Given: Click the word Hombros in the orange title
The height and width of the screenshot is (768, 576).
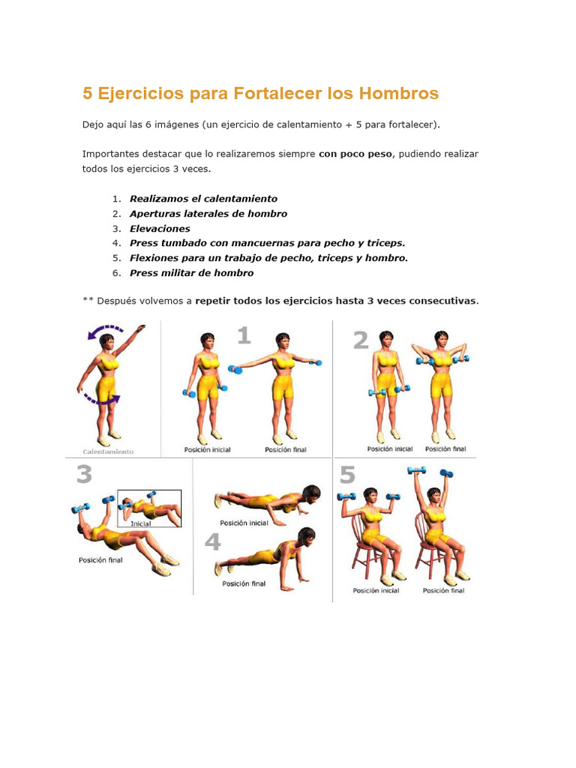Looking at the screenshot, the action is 399,93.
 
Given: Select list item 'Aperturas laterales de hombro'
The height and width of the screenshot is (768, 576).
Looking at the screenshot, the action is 208,214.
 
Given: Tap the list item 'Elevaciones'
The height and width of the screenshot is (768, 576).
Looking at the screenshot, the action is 160,229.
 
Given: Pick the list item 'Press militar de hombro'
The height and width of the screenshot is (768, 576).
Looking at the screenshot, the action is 191,273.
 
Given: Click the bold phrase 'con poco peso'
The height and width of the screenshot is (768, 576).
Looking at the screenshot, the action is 355,154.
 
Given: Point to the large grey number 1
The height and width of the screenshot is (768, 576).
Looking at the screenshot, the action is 244,336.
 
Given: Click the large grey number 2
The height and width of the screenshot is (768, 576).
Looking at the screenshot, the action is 361,340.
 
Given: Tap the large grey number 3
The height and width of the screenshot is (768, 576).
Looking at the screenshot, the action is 84,474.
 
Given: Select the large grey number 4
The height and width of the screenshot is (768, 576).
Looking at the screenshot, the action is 212,541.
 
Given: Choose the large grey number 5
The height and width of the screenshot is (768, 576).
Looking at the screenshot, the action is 347,475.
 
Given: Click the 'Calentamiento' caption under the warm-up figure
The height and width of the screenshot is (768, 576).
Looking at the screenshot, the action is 108,451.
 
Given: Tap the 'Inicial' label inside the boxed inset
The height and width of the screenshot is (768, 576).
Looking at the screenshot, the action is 140,523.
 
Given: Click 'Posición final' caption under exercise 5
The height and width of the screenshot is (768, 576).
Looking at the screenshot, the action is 444,591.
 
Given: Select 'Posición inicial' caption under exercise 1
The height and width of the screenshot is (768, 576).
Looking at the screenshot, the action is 207,450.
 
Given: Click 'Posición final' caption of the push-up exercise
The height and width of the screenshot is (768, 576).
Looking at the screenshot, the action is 244,583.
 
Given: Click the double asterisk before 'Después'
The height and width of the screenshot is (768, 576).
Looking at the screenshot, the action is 88,299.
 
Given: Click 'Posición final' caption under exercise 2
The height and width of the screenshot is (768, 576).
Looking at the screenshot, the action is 445,448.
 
